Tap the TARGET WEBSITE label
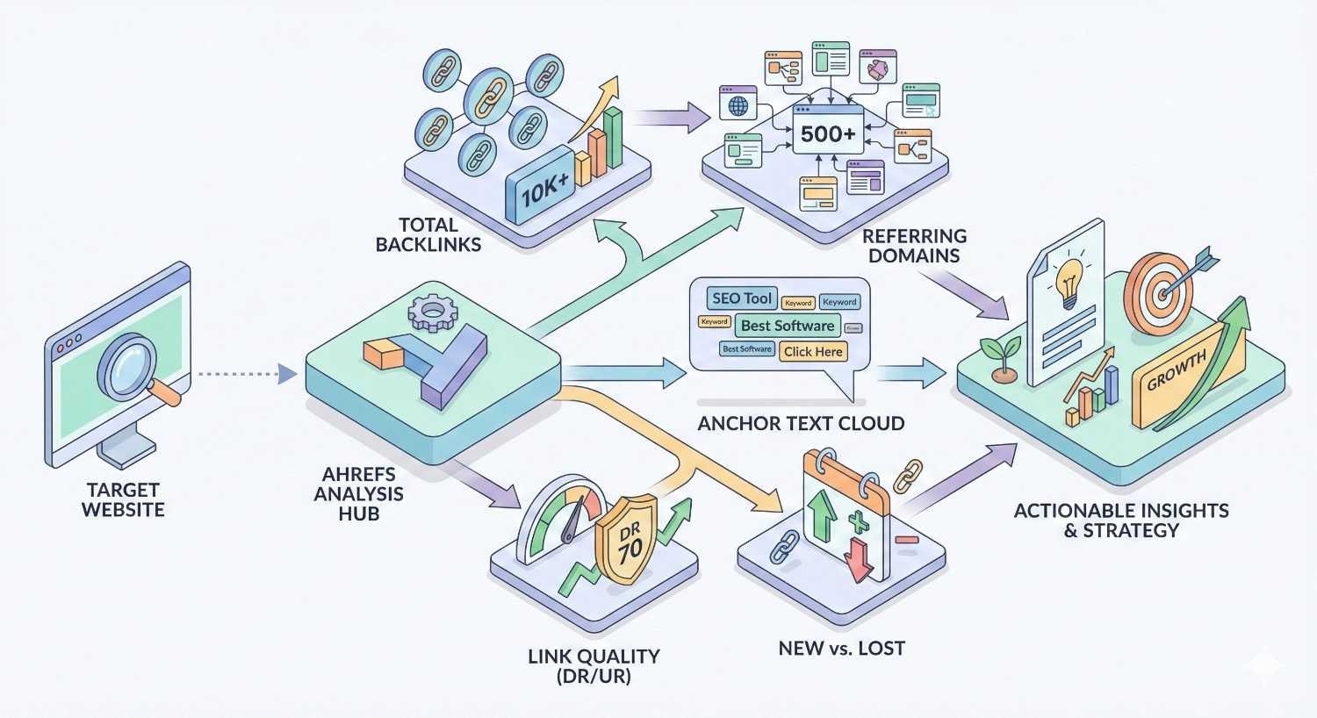pos(123,499)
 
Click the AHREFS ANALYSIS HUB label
pos(358,494)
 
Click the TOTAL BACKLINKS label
pos(428,234)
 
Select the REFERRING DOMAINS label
pos(914,246)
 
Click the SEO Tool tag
pos(741,298)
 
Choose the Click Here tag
pos(813,351)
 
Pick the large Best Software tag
pos(787,326)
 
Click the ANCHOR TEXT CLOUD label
pos(801,423)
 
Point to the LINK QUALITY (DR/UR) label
pos(594,666)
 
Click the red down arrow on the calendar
pos(857,559)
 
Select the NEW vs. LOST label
pos(841,649)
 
